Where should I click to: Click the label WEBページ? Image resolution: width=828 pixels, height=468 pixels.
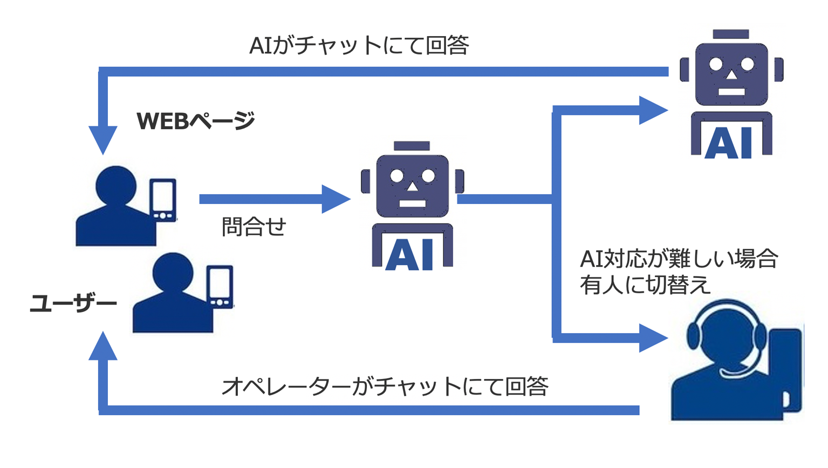(x=195, y=121)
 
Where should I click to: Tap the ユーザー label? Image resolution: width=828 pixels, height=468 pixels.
(x=73, y=303)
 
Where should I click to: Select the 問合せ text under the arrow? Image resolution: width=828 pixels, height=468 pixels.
(x=254, y=227)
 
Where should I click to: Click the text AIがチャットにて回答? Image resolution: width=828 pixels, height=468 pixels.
(x=359, y=45)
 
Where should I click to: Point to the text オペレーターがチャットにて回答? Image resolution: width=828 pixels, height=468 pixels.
(x=385, y=386)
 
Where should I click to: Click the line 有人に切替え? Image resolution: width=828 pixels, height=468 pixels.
(x=645, y=285)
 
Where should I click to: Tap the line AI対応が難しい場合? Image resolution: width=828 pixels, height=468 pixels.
(x=679, y=260)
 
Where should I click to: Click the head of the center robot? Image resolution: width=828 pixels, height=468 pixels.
(x=412, y=184)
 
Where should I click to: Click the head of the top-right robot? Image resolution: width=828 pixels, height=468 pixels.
(x=731, y=73)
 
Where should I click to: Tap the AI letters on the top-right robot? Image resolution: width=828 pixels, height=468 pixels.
(x=730, y=143)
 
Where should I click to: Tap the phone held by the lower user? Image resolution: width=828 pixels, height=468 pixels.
(x=220, y=287)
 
